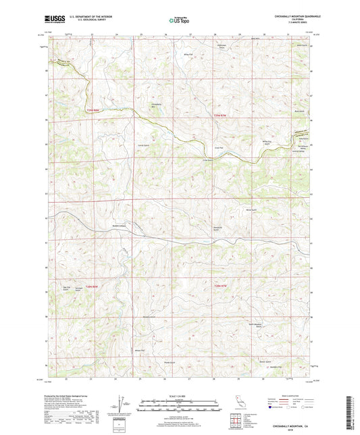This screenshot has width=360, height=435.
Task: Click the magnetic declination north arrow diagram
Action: point(120,405)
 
